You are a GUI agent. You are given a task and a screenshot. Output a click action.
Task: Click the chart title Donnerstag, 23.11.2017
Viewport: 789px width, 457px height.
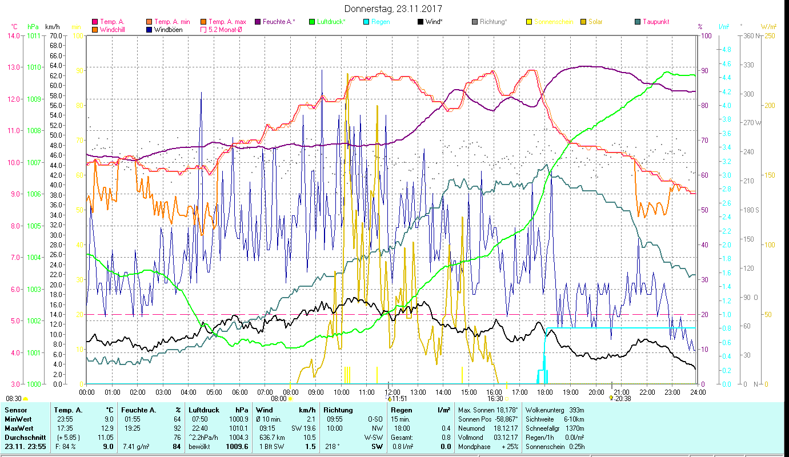click(x=393, y=9)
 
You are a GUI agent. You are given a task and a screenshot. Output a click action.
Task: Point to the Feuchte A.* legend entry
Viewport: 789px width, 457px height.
click(x=279, y=22)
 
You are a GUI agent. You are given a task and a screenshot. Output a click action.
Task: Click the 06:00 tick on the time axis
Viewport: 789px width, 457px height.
click(x=239, y=392)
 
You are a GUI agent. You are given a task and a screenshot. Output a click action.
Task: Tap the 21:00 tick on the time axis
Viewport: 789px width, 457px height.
click(x=621, y=392)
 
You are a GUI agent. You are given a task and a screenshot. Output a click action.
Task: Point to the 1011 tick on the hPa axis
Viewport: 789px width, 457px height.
click(x=34, y=35)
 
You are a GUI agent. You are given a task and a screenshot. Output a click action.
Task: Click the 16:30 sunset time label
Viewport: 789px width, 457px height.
click(x=495, y=399)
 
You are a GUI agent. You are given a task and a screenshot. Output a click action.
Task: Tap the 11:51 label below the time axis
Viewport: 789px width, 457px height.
click(x=398, y=399)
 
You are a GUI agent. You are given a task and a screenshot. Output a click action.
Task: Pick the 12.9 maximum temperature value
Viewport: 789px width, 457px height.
click(x=107, y=428)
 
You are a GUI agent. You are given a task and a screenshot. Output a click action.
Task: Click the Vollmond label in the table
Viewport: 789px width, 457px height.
click(x=470, y=438)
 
